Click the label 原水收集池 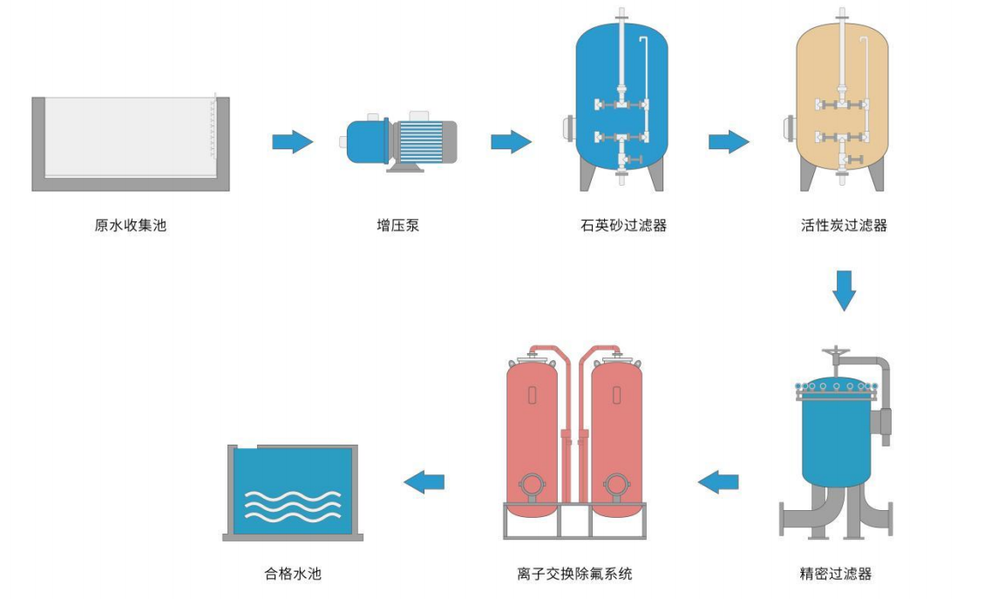(131, 226)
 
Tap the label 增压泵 (398, 226)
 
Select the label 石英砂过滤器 (623, 226)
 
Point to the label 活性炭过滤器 (844, 226)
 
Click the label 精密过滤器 (835, 574)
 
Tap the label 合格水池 (293, 574)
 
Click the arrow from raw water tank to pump (293, 141)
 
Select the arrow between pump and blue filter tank (511, 141)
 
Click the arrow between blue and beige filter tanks (729, 141)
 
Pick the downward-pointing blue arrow (844, 290)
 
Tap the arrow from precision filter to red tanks (719, 480)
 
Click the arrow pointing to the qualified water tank (424, 480)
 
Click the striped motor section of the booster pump (420, 140)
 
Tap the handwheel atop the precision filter (837, 352)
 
